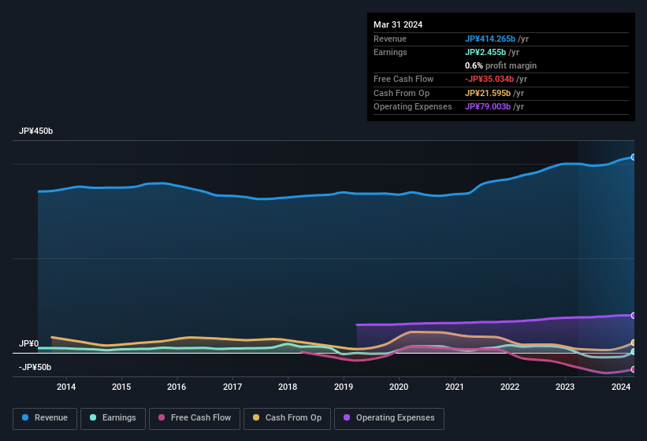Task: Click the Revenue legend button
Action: coord(45,418)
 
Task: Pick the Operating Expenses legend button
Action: coord(389,418)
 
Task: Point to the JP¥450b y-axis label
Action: coord(36,131)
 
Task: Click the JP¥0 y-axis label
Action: coord(29,344)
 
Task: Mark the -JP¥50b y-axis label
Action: coord(35,368)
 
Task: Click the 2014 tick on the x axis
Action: coord(66,387)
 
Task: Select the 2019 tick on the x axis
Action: coord(344,387)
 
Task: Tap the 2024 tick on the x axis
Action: coord(621,387)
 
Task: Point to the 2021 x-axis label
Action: coord(455,387)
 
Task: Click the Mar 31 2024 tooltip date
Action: coord(398,24)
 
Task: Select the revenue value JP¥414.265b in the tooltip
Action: coord(490,39)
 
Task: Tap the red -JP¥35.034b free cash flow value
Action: coord(489,79)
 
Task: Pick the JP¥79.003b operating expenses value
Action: coord(487,106)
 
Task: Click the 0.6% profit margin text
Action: coord(500,65)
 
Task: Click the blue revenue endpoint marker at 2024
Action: coord(634,157)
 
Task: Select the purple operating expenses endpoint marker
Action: coord(634,315)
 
